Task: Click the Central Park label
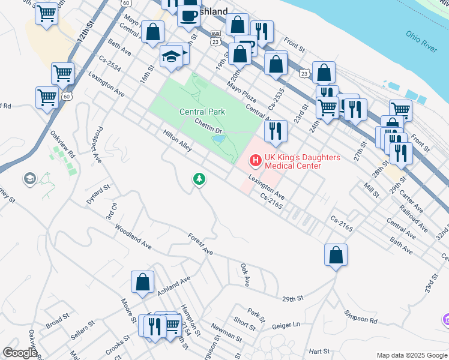pyautogui.click(x=202, y=112)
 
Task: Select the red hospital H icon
pyautogui.click(x=255, y=160)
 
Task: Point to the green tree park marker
pyautogui.click(x=199, y=179)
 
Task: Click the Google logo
pyautogui.click(x=20, y=353)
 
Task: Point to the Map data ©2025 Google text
pyautogui.click(x=411, y=355)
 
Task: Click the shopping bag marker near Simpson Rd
pyautogui.click(x=336, y=254)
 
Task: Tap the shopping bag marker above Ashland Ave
pyautogui.click(x=143, y=281)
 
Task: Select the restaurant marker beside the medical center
pyautogui.click(x=276, y=130)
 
